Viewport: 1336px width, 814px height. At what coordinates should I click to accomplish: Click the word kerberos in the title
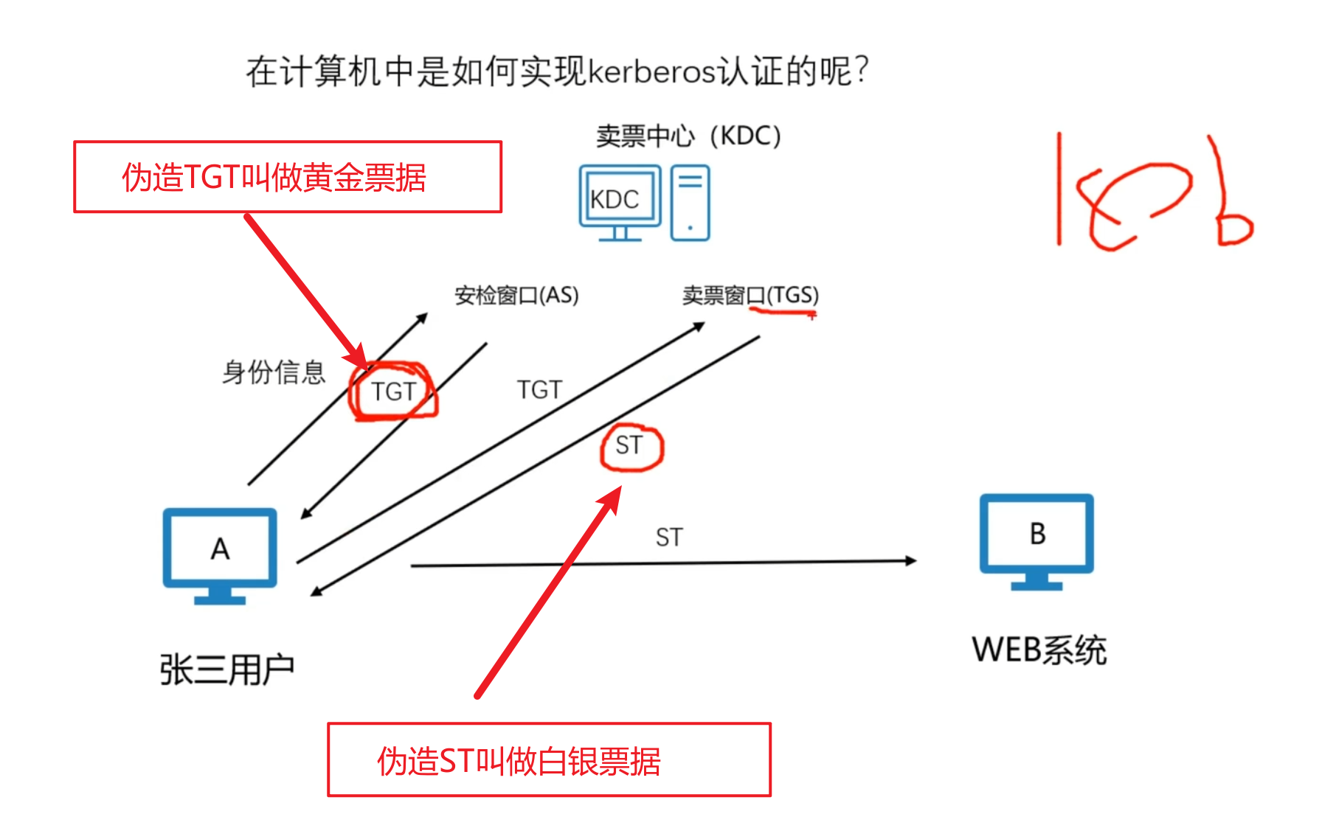point(652,72)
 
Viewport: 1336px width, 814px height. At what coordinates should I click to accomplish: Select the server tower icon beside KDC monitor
point(690,203)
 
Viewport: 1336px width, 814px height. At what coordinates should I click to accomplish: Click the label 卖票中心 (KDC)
point(688,136)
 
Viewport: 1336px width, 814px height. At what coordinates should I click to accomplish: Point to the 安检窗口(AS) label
point(516,296)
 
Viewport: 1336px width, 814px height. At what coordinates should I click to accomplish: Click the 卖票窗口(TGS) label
point(750,296)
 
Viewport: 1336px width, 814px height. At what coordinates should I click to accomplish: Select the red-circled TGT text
point(393,392)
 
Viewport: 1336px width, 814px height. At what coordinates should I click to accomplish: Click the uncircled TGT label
point(539,390)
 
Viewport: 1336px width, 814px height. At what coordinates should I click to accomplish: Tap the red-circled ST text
point(629,445)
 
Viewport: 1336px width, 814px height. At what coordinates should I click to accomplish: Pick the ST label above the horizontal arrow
point(669,538)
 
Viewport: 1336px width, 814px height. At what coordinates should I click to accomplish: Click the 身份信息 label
point(274,372)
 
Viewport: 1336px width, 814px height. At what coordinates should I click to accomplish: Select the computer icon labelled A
point(220,554)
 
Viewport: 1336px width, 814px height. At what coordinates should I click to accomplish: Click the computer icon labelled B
point(1036,540)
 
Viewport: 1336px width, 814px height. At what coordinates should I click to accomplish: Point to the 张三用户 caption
point(227,669)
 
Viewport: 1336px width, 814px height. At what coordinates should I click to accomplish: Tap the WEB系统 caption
point(1039,650)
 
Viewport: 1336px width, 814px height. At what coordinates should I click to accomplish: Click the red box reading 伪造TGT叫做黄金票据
point(288,177)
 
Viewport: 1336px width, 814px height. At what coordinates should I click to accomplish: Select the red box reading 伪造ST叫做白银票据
point(549,760)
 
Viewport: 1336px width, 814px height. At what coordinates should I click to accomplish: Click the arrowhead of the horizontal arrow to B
point(911,561)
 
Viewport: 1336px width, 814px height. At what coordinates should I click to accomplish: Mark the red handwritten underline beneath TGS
point(782,313)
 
